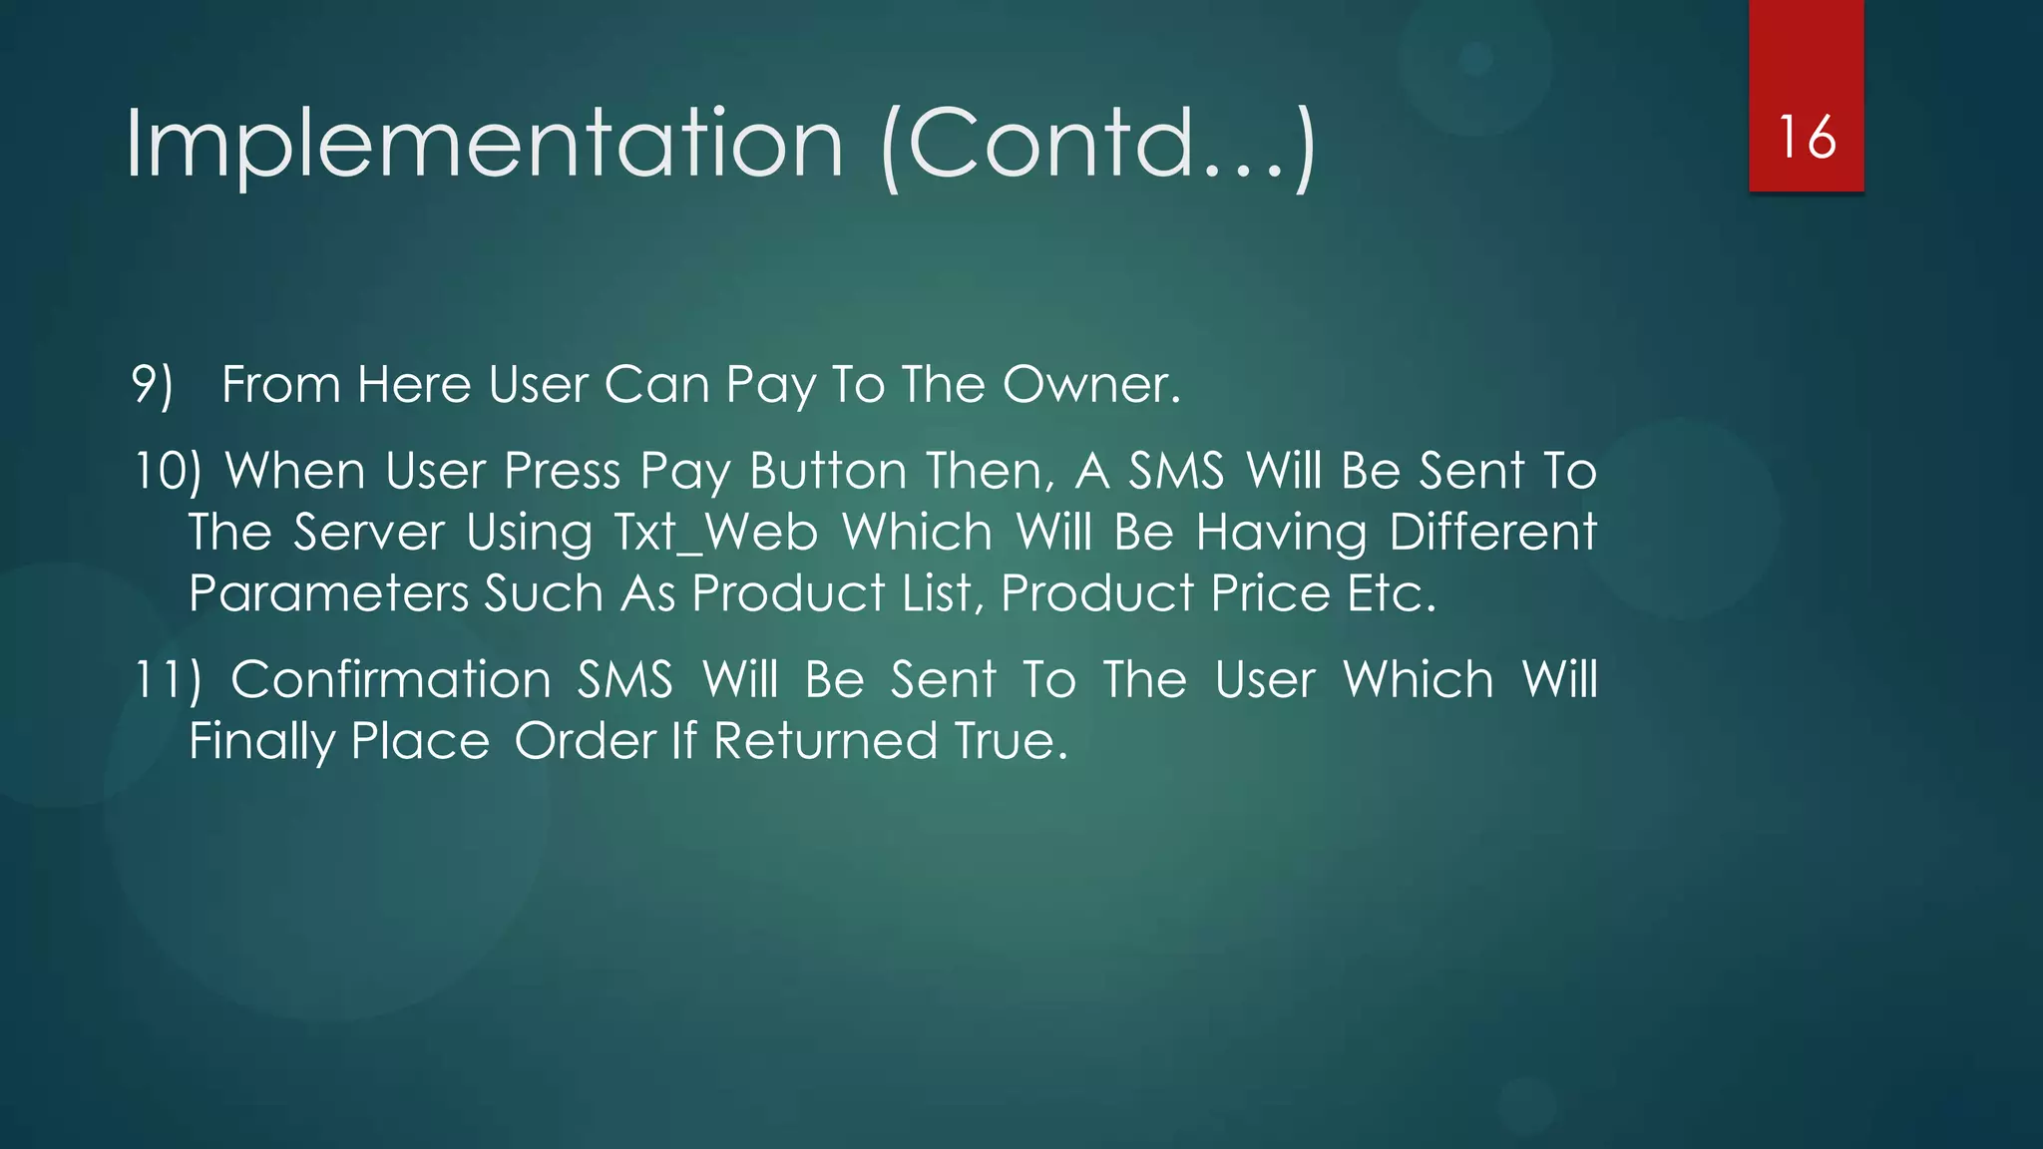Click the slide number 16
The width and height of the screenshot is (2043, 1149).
(x=1807, y=137)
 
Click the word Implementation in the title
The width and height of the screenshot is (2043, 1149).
(x=485, y=145)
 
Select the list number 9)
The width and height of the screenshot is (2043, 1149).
(x=152, y=385)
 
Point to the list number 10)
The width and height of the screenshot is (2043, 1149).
(x=167, y=471)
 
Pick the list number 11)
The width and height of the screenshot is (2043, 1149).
(x=167, y=680)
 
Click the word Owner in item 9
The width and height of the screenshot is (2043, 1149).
(x=1091, y=385)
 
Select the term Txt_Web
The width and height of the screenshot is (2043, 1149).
(x=715, y=533)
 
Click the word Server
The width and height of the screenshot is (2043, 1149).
(x=368, y=533)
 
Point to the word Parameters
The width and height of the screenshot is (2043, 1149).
(x=328, y=594)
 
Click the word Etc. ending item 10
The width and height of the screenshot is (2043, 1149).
(x=1392, y=594)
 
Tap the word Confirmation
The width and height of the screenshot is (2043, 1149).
(x=391, y=680)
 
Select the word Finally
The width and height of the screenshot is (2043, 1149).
(x=261, y=742)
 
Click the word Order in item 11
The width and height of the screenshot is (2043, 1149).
(x=585, y=742)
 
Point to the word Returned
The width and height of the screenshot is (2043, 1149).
(x=825, y=742)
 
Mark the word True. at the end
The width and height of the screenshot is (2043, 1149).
(x=1011, y=742)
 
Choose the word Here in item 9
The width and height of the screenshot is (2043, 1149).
(x=414, y=385)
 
